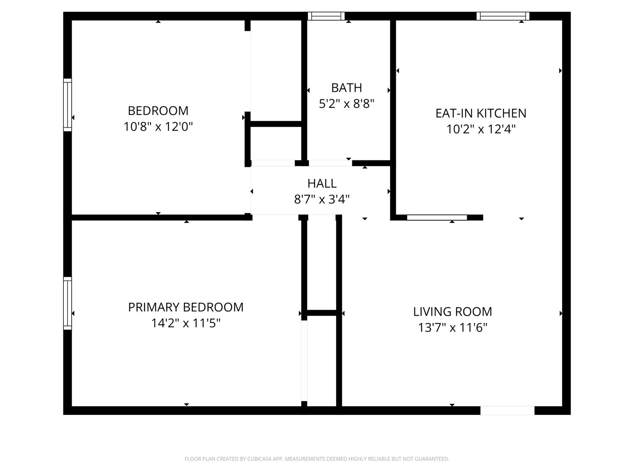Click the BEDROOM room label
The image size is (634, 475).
tap(158, 111)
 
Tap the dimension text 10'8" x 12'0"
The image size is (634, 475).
tap(158, 127)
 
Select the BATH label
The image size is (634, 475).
tap(346, 87)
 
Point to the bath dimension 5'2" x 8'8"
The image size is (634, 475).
tap(346, 104)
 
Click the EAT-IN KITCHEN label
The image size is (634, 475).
tap(481, 113)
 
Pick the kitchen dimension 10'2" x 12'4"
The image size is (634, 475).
tap(481, 129)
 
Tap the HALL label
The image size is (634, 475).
tap(322, 183)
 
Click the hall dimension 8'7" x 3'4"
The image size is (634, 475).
tap(322, 199)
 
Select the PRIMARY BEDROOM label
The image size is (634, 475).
tap(186, 308)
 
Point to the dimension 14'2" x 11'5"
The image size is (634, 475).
tap(186, 323)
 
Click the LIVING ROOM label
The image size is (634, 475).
tap(453, 312)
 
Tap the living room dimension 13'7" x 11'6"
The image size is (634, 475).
tap(453, 328)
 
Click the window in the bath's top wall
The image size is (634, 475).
tap(327, 16)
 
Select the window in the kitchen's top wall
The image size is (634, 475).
tap(503, 16)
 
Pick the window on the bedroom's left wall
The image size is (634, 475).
tap(67, 105)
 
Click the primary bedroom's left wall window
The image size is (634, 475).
tap(67, 303)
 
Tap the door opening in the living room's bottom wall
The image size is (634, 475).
tap(507, 410)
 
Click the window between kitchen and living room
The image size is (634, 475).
tap(437, 217)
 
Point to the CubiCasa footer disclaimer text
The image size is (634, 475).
tap(317, 459)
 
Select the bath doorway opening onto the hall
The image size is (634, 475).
tap(330, 163)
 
